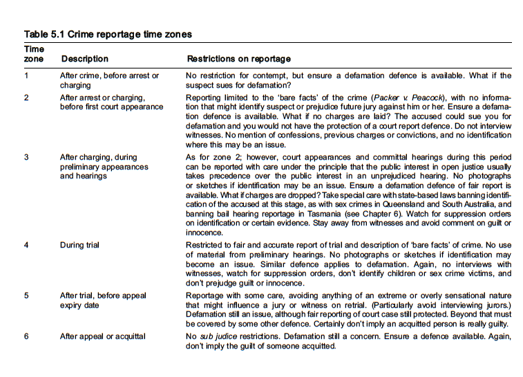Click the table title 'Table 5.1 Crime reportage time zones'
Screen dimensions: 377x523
click(x=108, y=34)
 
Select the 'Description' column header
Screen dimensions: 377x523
click(x=84, y=59)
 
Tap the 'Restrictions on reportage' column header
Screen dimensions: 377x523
click(x=238, y=59)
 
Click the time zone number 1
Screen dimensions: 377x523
click(x=27, y=75)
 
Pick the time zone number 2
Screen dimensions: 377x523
click(x=27, y=98)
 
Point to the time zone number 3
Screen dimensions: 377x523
click(x=27, y=157)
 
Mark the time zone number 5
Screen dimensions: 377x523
click(x=27, y=295)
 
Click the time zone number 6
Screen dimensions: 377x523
click(x=27, y=336)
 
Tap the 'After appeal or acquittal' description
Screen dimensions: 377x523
click(x=102, y=336)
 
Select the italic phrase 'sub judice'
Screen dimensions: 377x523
click(x=218, y=336)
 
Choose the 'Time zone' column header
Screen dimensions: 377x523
click(x=34, y=54)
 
